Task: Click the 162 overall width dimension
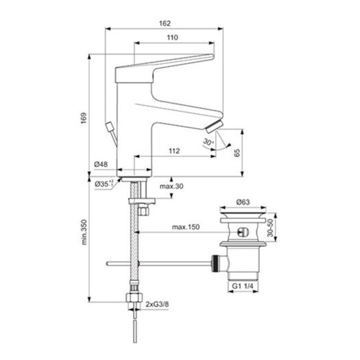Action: click(x=165, y=23)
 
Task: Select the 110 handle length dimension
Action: click(x=173, y=37)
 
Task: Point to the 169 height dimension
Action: click(x=84, y=118)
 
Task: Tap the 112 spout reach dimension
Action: click(x=174, y=151)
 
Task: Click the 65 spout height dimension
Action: click(x=237, y=153)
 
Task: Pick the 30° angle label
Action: click(x=208, y=142)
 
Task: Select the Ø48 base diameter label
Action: click(x=101, y=164)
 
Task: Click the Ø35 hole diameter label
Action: click(x=104, y=184)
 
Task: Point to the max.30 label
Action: click(x=171, y=186)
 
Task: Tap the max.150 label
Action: click(x=186, y=227)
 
